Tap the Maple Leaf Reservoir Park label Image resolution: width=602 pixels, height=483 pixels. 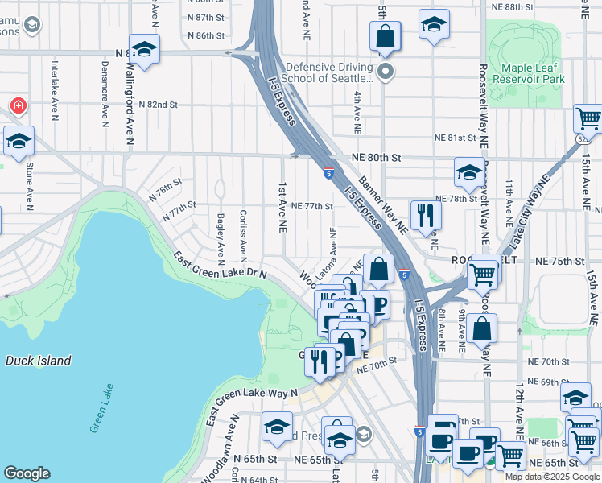coord(528,75)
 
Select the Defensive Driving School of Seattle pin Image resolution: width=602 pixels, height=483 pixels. coord(386,72)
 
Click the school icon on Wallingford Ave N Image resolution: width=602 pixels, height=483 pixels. coord(144,49)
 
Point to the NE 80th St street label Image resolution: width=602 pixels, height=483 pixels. coord(377,159)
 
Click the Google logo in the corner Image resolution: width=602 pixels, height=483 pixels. coord(27,473)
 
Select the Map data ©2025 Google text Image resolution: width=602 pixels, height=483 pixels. coord(552,477)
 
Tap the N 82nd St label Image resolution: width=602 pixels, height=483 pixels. coord(158,105)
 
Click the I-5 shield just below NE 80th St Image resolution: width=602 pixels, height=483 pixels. coord(328,172)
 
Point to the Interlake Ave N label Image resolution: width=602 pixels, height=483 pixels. coord(54,89)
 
